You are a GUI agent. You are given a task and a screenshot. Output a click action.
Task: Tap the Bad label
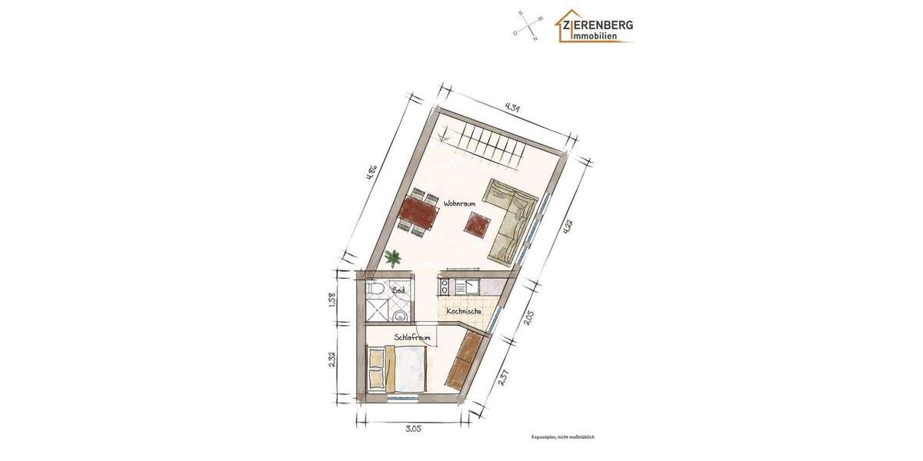(x=398, y=291)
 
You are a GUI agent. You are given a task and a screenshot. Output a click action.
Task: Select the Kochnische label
(x=464, y=311)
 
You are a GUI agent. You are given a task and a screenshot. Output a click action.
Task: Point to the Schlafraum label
(x=412, y=337)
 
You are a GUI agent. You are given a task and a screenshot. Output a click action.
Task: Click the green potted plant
(x=393, y=257)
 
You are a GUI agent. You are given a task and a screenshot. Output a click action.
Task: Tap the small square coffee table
(x=477, y=224)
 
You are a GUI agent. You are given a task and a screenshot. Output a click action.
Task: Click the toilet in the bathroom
(x=375, y=289)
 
